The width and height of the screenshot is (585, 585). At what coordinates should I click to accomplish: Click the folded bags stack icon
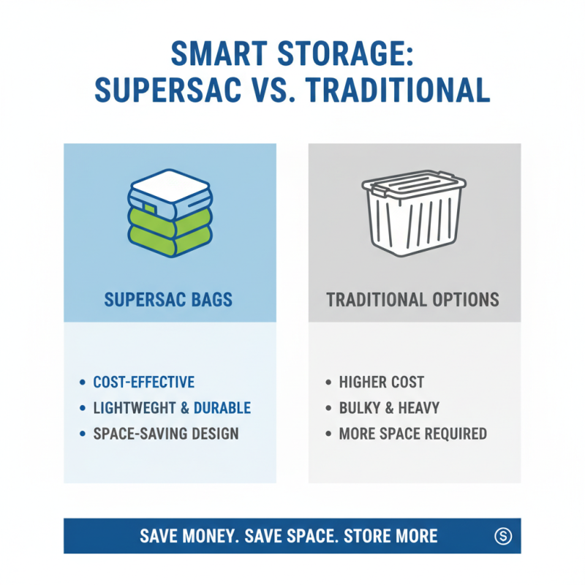pos(170,212)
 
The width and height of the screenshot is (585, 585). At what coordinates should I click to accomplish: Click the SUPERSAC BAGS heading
pos(170,299)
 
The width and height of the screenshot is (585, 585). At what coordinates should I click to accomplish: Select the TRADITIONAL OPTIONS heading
pos(413,299)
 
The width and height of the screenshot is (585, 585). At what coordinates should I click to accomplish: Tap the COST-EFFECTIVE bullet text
pos(143,382)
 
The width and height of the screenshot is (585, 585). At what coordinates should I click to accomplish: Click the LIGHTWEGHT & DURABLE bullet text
pos(172,407)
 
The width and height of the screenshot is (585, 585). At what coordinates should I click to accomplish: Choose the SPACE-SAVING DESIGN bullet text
pos(166,433)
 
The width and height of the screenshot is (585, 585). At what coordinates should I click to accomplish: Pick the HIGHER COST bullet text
pos(381,382)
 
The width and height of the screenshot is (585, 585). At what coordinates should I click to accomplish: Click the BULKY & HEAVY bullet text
pos(389,407)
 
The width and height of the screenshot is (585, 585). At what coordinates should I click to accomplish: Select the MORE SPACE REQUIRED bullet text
pos(412,433)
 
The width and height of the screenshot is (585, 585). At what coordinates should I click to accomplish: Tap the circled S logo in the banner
pos(502,536)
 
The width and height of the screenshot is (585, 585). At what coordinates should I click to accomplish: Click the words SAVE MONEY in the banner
pos(189,536)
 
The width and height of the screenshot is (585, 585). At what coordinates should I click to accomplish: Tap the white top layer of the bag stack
pos(170,183)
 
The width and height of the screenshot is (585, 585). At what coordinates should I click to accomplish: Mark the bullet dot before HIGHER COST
pos(328,382)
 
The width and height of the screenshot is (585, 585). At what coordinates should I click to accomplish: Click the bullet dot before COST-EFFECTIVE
pos(82,382)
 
